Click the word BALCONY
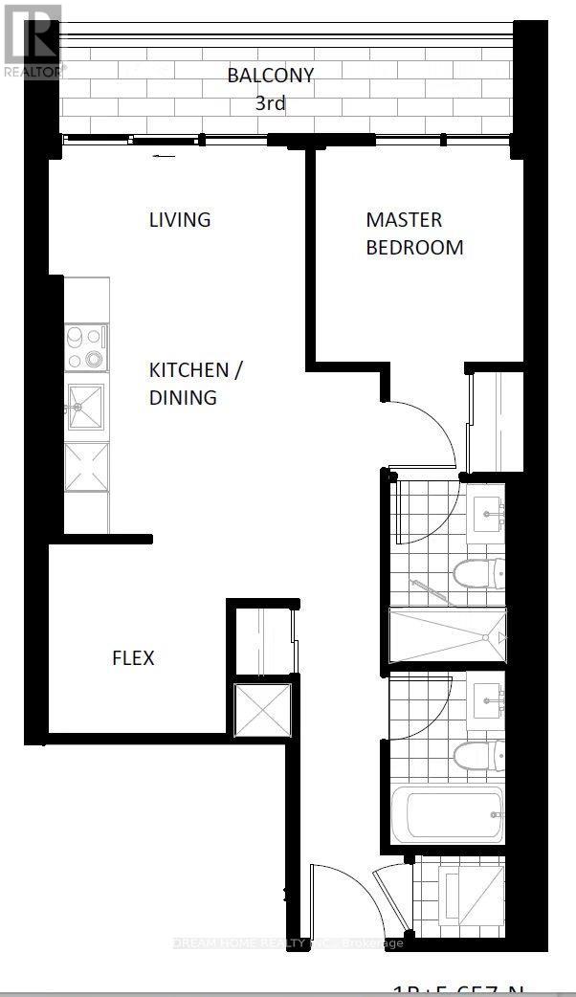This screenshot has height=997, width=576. [x=270, y=75]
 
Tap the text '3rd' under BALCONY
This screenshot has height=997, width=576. [x=270, y=102]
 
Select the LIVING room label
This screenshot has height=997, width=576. [x=179, y=219]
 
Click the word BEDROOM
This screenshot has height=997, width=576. [x=414, y=247]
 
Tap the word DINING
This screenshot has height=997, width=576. [x=182, y=397]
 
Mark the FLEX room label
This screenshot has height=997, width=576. [x=133, y=658]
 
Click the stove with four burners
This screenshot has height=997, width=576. [x=86, y=347]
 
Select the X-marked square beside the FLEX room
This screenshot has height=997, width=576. [x=261, y=708]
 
